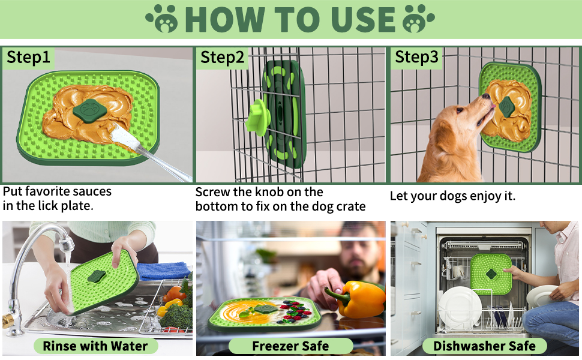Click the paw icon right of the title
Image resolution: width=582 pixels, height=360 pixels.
[x=419, y=19]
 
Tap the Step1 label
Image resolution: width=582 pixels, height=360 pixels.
[x=29, y=58]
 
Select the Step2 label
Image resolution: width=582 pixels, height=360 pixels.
[x=223, y=58]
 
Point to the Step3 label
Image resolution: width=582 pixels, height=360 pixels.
[x=416, y=58]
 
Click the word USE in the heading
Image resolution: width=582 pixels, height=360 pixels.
[x=358, y=19]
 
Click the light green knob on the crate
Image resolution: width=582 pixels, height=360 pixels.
[x=257, y=116]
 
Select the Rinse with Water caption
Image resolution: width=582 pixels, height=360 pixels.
[x=95, y=346]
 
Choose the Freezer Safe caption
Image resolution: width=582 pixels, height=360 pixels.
[x=290, y=346]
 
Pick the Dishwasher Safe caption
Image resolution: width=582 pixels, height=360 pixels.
[x=484, y=346]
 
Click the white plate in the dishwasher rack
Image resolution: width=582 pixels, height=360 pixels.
[x=460, y=307]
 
